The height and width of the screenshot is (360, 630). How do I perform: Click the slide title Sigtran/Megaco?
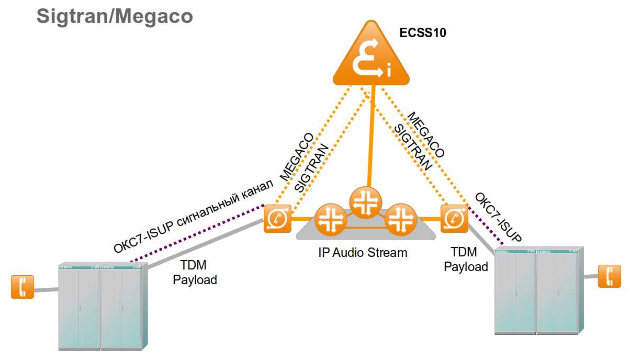[x=115, y=16]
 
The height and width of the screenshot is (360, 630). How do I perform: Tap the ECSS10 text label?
[x=423, y=33]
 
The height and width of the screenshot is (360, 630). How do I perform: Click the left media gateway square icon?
[x=277, y=218]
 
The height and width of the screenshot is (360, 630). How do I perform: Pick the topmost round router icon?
[x=366, y=203]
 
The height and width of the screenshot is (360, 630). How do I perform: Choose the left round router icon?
[x=330, y=218]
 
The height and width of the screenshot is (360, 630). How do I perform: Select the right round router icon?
[x=400, y=218]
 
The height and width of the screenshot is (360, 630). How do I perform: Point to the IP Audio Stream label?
[x=363, y=253]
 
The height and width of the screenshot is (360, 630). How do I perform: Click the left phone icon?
[x=22, y=287]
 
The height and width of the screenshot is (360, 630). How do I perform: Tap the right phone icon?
[x=610, y=275]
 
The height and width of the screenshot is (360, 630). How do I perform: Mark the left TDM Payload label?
[x=195, y=273]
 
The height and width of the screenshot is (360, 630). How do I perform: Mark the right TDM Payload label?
[x=466, y=260]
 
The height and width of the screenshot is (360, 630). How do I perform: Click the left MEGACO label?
[x=297, y=156]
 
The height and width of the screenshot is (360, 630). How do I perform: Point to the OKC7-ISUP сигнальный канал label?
[x=194, y=216]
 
